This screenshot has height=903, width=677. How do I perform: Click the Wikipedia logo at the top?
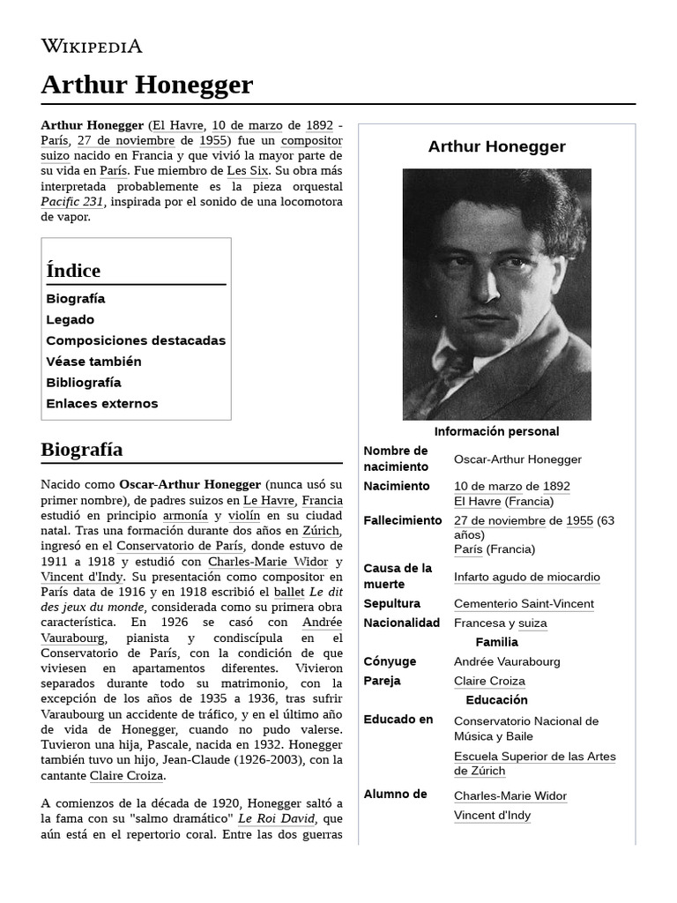coord(92,46)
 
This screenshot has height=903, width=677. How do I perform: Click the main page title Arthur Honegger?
coord(146,85)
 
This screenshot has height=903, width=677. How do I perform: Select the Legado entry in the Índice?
coord(70,319)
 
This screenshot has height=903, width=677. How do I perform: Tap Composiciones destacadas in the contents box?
coord(136,340)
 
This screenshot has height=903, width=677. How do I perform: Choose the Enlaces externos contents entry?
coord(102,404)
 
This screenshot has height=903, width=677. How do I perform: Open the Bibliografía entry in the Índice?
coord(84,383)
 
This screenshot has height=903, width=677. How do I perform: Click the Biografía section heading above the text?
coord(82,450)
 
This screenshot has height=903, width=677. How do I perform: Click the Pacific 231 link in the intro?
coord(72,201)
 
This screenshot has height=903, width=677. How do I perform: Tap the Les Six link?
coord(248,170)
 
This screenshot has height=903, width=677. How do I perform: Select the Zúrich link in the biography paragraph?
coord(322,531)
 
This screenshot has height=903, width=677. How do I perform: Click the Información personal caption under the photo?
coord(496,431)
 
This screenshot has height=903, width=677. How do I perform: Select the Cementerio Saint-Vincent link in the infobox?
coord(524,604)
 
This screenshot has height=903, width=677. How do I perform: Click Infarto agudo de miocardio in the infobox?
coord(526,578)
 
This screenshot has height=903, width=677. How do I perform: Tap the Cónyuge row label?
coord(390,661)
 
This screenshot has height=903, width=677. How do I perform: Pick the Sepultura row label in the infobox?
coord(392,604)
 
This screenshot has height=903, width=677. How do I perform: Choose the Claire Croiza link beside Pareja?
coord(489,681)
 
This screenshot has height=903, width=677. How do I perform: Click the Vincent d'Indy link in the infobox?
coord(492,816)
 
